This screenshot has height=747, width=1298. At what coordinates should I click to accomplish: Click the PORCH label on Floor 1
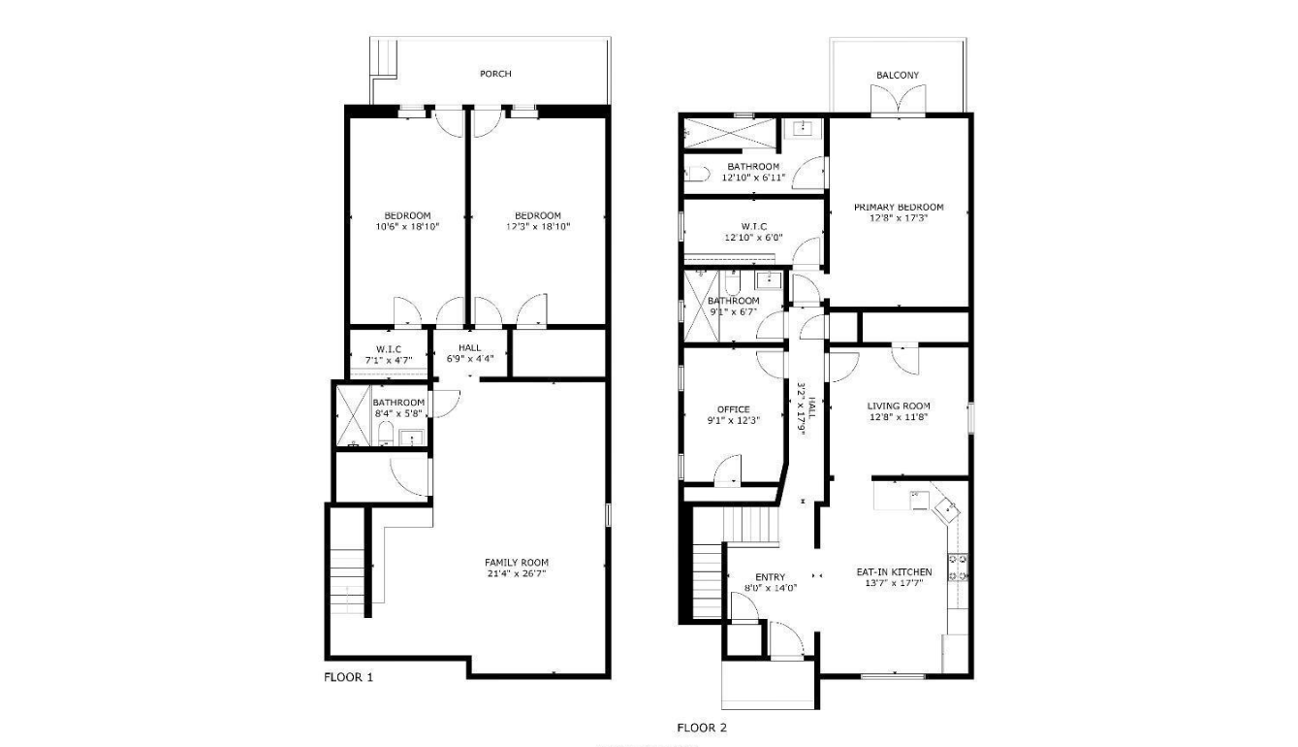click(x=495, y=75)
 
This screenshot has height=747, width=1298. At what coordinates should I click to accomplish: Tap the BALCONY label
click(x=898, y=76)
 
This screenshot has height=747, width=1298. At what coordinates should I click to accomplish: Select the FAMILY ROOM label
click(x=517, y=563)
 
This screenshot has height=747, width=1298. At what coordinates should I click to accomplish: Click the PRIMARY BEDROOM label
click(x=899, y=207)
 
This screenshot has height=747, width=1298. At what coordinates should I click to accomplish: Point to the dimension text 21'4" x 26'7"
click(x=517, y=574)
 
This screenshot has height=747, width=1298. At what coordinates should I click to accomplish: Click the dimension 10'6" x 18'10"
click(x=407, y=227)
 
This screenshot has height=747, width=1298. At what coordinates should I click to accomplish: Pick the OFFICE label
click(x=734, y=409)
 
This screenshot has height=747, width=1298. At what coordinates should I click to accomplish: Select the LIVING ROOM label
click(x=899, y=406)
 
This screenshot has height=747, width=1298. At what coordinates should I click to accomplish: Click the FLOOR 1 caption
click(x=348, y=677)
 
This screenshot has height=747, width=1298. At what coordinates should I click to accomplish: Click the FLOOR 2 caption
click(x=702, y=728)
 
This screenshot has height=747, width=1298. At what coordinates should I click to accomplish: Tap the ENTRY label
click(x=770, y=577)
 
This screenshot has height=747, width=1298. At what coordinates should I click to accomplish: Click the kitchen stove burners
click(x=958, y=568)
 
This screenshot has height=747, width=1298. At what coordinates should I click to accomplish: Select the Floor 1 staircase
click(x=348, y=582)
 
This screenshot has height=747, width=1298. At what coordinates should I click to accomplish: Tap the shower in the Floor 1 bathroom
click(x=354, y=415)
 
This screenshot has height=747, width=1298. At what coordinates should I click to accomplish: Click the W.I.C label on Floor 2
click(x=754, y=227)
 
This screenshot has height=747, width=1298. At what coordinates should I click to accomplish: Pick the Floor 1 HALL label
click(x=469, y=348)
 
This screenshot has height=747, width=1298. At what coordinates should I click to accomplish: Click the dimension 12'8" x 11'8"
click(x=899, y=417)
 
